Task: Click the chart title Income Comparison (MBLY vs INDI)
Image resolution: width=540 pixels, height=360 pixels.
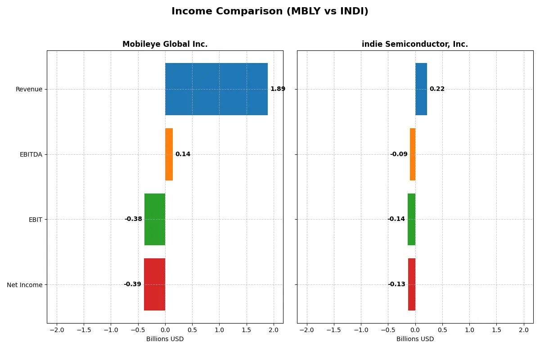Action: (x=270, y=12)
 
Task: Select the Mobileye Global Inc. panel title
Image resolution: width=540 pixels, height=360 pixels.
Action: (x=165, y=44)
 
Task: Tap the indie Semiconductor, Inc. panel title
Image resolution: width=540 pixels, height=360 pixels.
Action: (x=414, y=44)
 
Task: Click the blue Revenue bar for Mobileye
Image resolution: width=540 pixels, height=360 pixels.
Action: (x=216, y=89)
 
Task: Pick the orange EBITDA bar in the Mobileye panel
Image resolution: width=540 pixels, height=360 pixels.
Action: (x=169, y=154)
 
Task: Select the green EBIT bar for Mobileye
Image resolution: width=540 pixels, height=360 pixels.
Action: (x=155, y=219)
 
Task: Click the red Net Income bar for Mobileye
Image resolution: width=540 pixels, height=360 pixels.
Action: (x=154, y=284)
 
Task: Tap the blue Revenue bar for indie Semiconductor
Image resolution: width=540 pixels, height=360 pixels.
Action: (x=421, y=89)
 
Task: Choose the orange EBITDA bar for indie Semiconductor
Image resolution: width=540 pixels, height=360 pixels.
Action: (x=413, y=154)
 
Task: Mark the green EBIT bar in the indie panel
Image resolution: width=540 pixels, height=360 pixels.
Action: (x=411, y=219)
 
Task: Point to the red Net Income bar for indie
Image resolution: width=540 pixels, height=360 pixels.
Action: (x=412, y=284)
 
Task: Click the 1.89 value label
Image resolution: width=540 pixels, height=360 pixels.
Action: (x=278, y=89)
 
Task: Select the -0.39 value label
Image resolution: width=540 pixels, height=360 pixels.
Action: (x=132, y=284)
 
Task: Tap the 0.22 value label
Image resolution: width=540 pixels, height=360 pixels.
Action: (x=437, y=89)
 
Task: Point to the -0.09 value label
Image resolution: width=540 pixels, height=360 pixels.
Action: (x=399, y=154)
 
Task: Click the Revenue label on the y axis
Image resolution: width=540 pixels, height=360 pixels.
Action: (x=29, y=89)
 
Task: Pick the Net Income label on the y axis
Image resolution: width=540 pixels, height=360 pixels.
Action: (x=25, y=285)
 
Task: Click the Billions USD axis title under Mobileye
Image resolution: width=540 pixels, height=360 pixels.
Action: (x=165, y=339)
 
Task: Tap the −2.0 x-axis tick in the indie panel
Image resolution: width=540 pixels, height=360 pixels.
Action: (x=306, y=330)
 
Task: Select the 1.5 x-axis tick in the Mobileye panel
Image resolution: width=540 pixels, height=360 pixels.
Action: (x=246, y=330)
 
